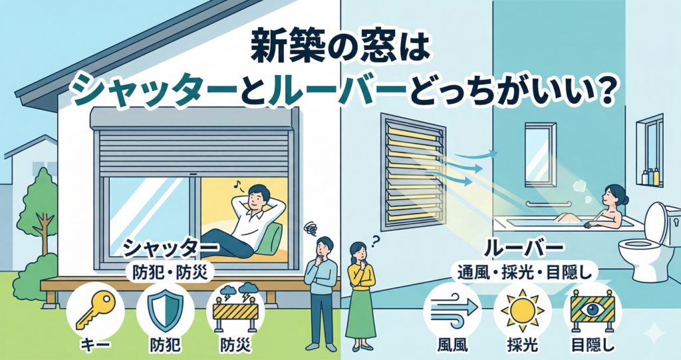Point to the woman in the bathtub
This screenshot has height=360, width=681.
(609, 206)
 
